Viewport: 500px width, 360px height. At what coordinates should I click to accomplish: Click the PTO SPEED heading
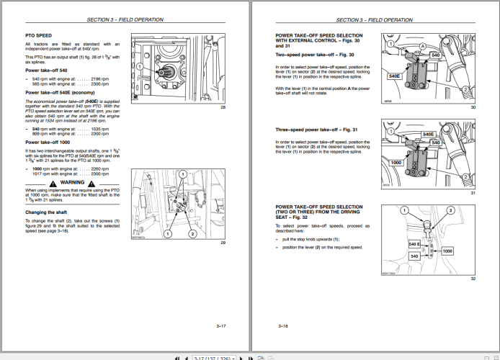tap(38, 34)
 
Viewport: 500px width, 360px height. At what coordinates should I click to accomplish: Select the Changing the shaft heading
tap(47, 212)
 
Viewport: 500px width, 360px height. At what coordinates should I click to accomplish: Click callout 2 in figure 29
tap(192, 234)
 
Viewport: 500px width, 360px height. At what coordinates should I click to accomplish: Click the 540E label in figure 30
tap(394, 76)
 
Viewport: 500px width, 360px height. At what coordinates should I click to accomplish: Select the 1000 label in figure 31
tap(396, 163)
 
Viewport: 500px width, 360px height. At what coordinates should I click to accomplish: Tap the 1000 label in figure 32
tap(447, 251)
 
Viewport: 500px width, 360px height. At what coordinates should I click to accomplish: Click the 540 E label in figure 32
tap(414, 246)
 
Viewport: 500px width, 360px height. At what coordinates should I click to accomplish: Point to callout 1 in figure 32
tap(405, 210)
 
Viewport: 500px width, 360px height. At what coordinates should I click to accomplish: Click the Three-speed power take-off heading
tap(316, 130)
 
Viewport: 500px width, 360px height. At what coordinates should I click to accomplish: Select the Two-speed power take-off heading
tap(314, 55)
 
